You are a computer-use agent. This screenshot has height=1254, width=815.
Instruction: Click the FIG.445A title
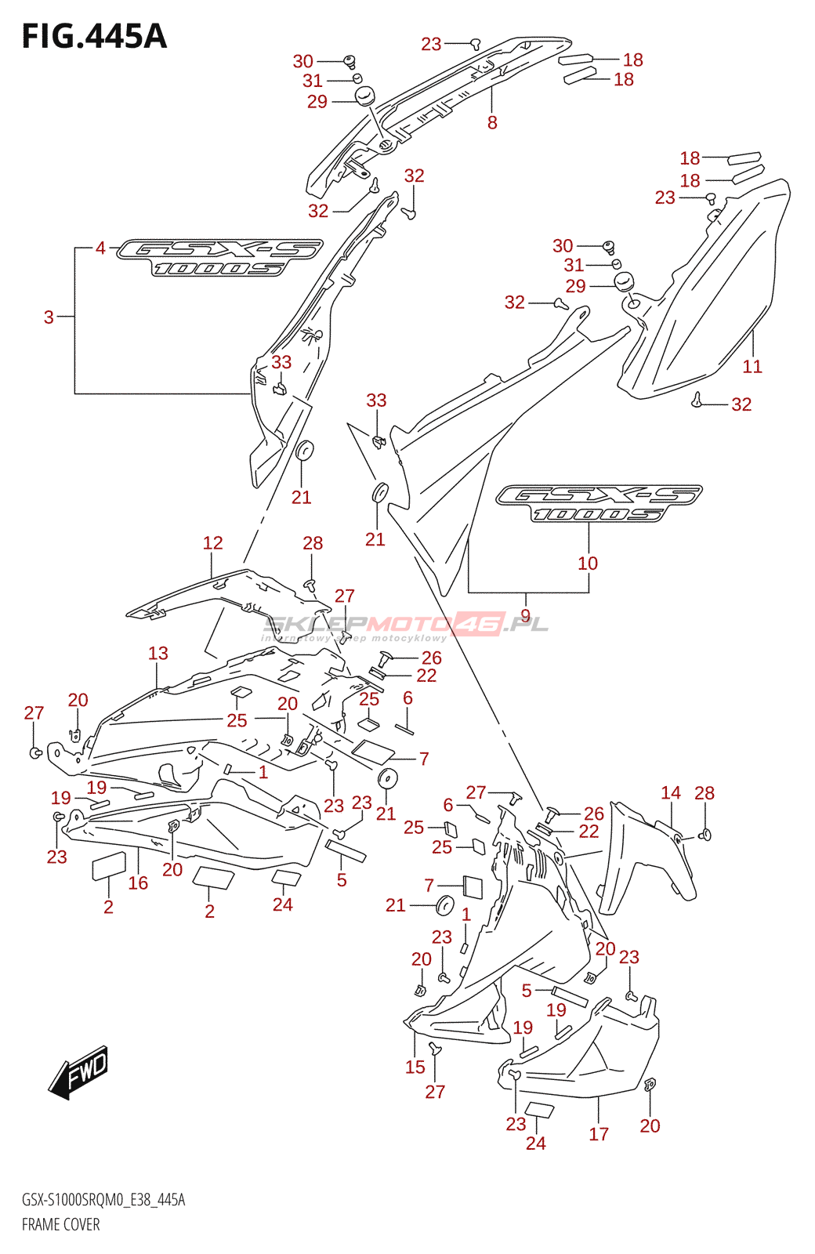[94, 36]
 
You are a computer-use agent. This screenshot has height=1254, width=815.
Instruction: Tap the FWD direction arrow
[79, 1071]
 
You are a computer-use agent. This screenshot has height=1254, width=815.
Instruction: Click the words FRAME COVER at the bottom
[60, 1224]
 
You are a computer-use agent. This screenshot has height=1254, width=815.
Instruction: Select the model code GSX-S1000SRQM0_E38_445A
[103, 1200]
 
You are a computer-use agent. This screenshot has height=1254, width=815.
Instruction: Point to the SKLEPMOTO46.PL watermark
[406, 625]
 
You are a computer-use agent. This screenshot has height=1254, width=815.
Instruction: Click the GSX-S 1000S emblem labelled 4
[219, 257]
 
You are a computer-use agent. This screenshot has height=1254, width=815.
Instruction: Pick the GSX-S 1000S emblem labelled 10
[599, 502]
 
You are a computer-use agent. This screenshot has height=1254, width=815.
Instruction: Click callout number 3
[49, 317]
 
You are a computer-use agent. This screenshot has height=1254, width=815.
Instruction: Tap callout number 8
[492, 122]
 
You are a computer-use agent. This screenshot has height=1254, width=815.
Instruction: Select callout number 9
[525, 616]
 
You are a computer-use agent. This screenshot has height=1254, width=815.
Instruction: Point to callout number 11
[752, 366]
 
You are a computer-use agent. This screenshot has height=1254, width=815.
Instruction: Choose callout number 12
[212, 542]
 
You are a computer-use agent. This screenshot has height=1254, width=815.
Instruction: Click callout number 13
[158, 653]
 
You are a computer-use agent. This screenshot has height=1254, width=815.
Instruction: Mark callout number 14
[671, 792]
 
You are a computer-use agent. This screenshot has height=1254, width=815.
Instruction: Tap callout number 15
[415, 1067]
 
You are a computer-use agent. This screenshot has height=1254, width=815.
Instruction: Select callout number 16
[138, 883]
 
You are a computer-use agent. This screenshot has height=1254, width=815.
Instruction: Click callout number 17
[599, 1133]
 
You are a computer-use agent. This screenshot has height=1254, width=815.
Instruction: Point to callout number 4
[100, 248]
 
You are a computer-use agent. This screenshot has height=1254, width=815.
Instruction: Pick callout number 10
[588, 563]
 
